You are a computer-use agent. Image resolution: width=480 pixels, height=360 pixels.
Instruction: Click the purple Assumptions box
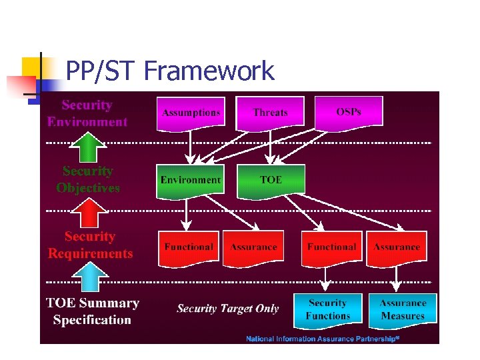(191, 113)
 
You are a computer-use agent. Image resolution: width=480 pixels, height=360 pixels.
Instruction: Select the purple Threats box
(270, 113)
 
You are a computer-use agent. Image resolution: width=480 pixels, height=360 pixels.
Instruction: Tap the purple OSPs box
(349, 112)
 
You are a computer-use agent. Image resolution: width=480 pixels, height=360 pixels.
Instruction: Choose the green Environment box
(190, 180)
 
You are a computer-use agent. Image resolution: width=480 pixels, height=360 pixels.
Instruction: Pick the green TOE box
(270, 180)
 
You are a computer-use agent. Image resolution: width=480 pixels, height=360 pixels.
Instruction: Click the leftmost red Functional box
(189, 247)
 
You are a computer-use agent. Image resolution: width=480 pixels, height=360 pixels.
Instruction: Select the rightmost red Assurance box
(397, 247)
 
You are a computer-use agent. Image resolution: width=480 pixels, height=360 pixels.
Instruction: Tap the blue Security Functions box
(327, 309)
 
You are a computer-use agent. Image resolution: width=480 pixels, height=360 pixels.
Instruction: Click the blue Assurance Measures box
(402, 309)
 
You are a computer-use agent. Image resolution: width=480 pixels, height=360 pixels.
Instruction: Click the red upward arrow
(89, 213)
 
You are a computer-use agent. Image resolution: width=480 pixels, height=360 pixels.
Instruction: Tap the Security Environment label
(87, 113)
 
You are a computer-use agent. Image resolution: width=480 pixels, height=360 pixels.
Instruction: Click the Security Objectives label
(88, 179)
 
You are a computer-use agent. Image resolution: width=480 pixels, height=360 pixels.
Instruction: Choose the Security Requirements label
(90, 245)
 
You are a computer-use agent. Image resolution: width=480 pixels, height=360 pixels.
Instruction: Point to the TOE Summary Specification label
(92, 311)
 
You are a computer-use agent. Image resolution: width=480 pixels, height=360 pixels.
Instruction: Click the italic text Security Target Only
(227, 309)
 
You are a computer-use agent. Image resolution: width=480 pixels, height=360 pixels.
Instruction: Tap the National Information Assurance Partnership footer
(322, 339)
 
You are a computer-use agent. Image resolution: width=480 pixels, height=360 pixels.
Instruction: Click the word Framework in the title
(209, 71)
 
